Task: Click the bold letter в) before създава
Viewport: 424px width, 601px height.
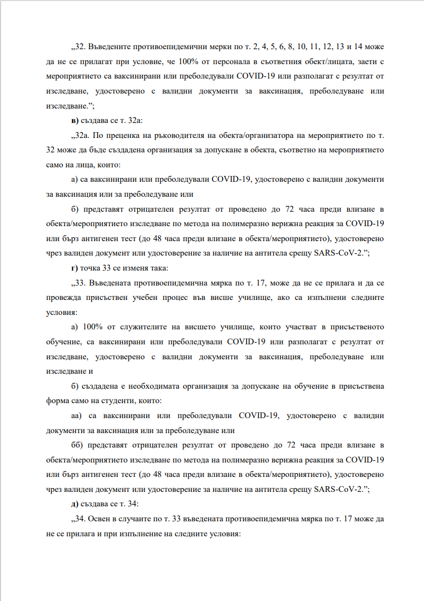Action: point(74,119)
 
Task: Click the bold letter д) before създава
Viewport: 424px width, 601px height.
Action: point(74,504)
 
